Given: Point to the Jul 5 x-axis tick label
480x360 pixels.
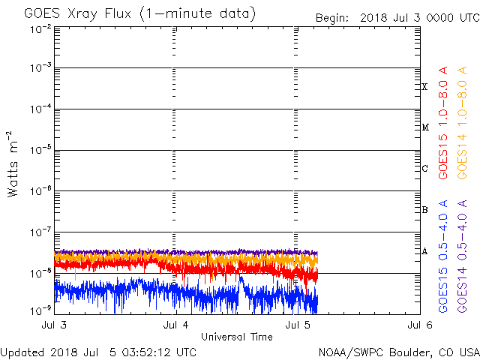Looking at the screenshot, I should coord(298,325).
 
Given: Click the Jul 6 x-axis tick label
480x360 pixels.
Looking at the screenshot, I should coord(419,325).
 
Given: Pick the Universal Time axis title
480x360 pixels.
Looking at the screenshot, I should coord(237,337).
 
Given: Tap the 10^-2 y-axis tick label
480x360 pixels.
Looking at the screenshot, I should coord(40,28).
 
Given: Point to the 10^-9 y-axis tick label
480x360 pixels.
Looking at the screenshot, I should coord(40,309).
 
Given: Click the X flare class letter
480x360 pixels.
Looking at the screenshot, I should coord(424,87).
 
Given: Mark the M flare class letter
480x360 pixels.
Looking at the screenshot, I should coord(424,127).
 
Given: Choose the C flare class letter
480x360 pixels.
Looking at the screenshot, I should coord(424,169).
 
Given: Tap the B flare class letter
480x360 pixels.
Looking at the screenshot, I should coord(424,210).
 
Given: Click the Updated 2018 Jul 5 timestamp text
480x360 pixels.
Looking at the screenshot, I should coord(99,352).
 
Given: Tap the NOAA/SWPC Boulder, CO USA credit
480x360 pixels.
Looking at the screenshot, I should coord(398,352).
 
